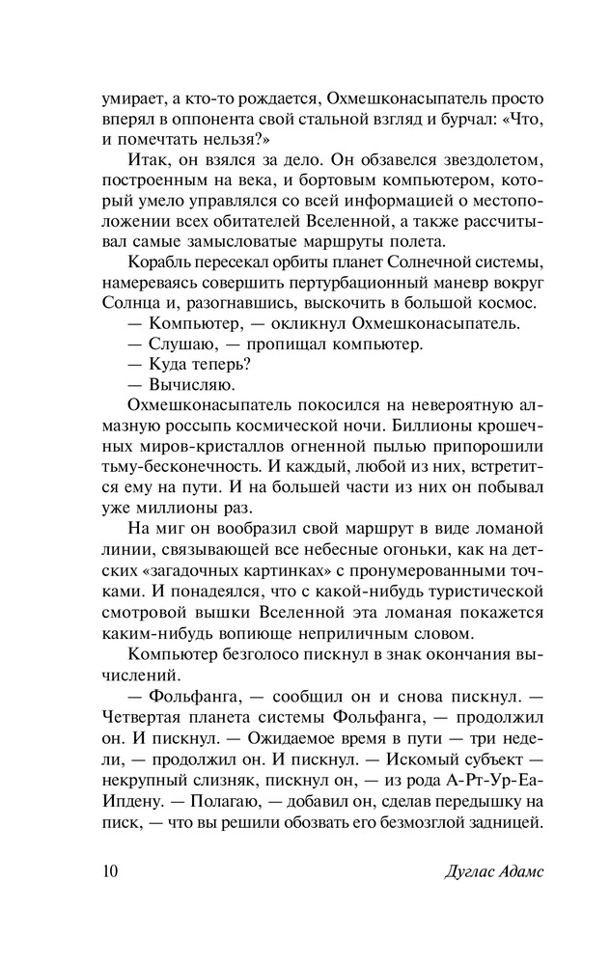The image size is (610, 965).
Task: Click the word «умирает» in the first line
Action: coord(132,99)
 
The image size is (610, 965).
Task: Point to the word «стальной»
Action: coord(321,122)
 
